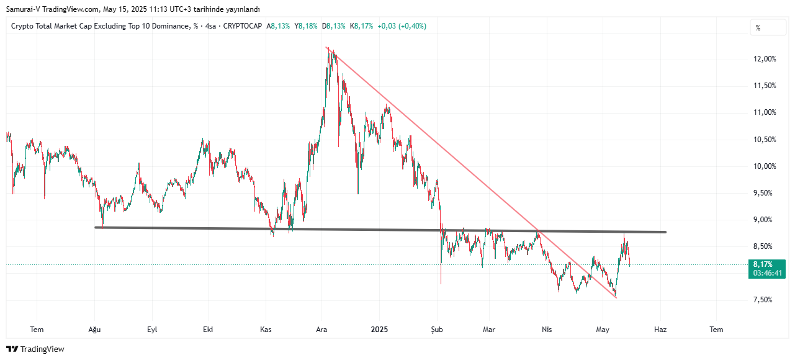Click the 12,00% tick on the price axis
click(764, 59)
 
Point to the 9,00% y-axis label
click(764, 220)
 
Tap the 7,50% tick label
click(764, 300)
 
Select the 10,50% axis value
click(764, 140)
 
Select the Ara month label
click(321, 330)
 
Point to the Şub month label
click(438, 330)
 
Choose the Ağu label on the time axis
click(94, 330)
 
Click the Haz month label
click(660, 330)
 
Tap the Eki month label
click(208, 330)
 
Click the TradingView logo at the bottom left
click(35, 349)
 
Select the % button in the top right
click(758, 27)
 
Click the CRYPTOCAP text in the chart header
click(243, 26)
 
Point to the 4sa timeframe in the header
click(211, 26)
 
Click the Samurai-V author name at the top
click(20, 9)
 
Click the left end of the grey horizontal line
click(96, 227)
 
